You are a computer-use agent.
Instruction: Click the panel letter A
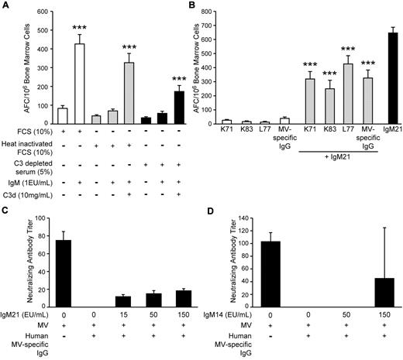coord(6,6)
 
